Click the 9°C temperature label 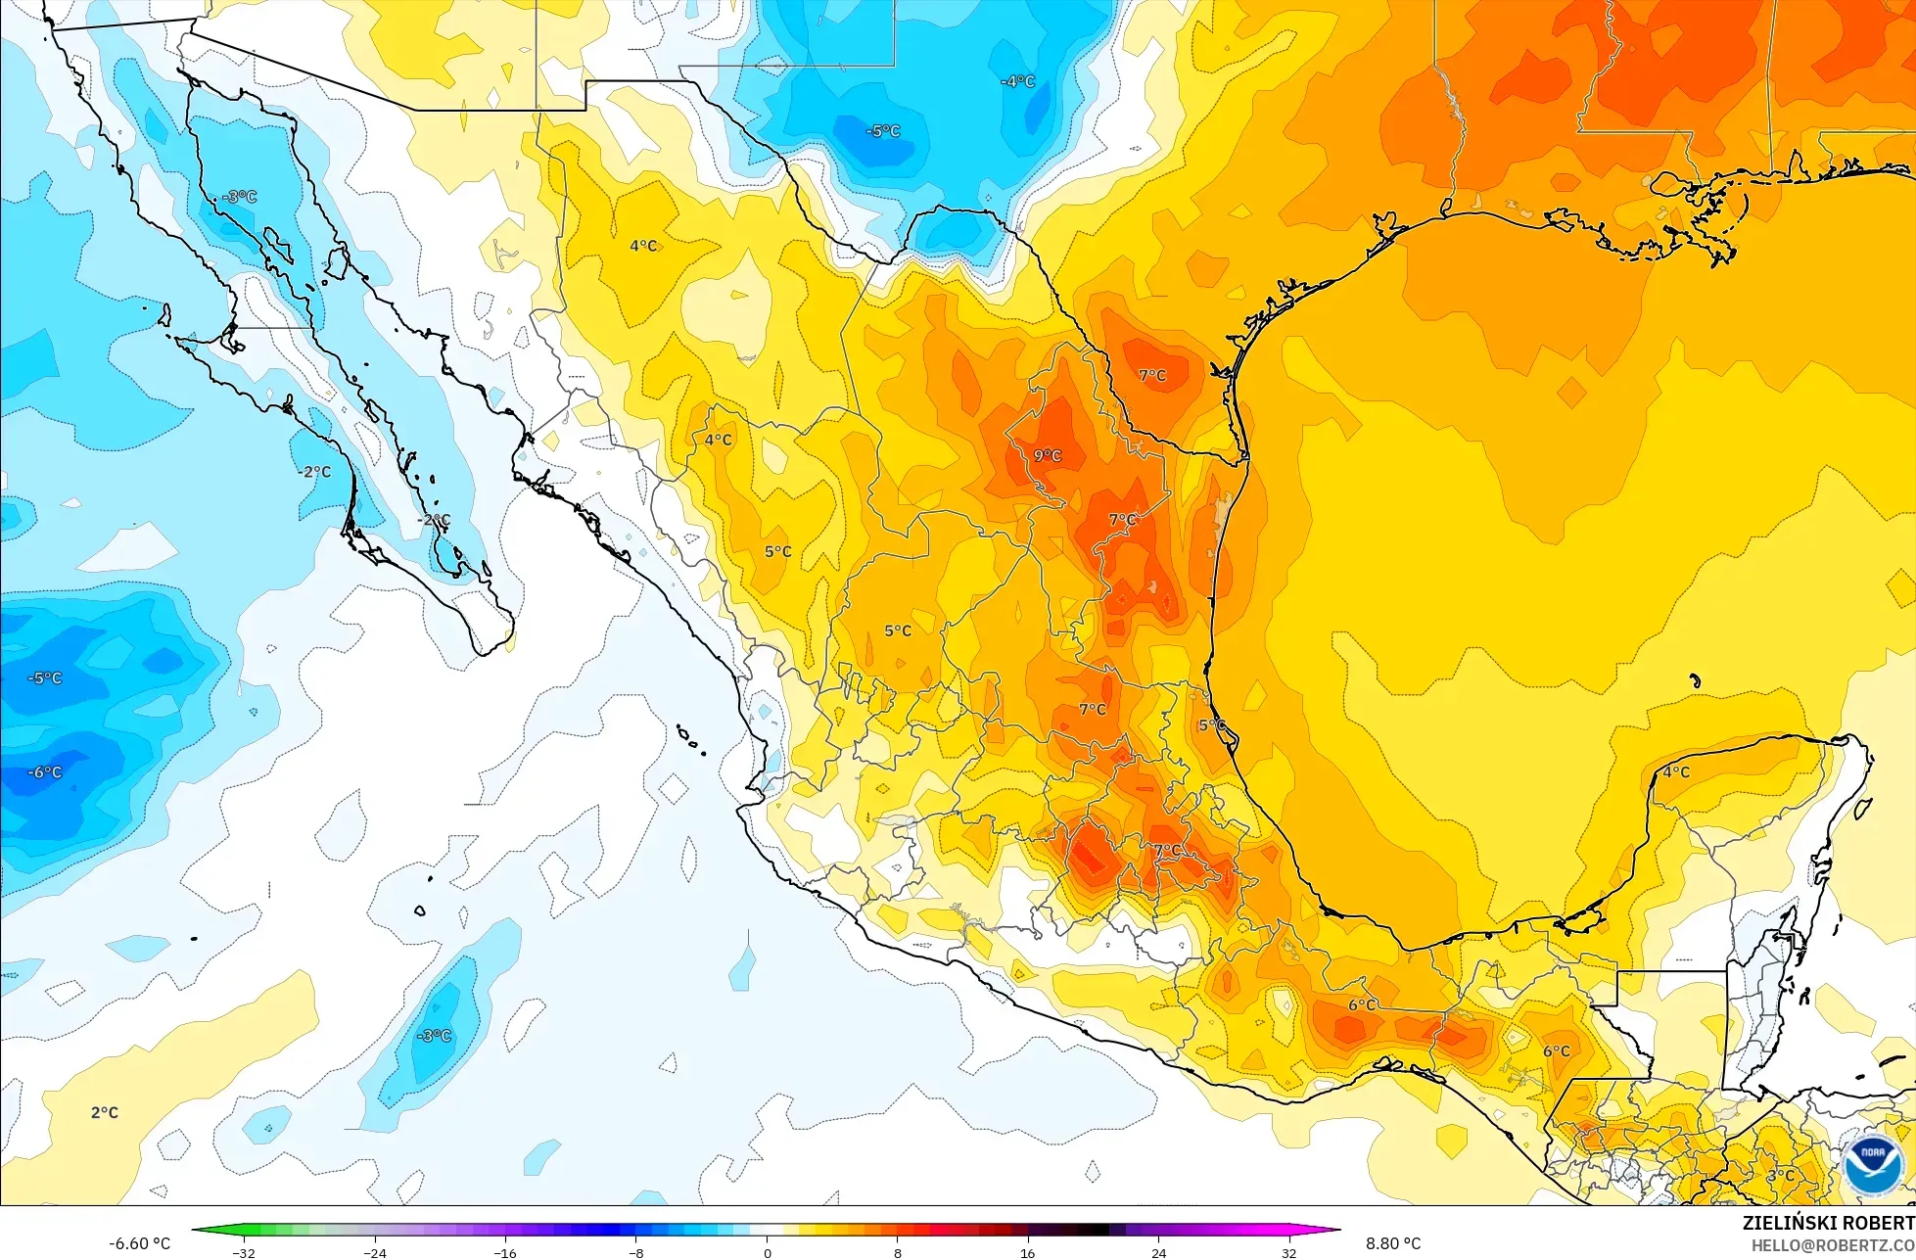coord(1047,455)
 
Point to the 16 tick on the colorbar coord(1027,1252)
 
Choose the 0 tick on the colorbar coord(767,1252)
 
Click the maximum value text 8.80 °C coord(1392,1243)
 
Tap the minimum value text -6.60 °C coord(139,1243)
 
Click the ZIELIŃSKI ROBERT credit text coord(1828,1223)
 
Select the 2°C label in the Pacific coord(105,1112)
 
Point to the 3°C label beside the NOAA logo coord(1781,1175)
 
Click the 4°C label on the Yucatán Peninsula coord(1676,771)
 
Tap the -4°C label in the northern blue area coord(1017,81)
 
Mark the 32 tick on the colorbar coord(1288,1252)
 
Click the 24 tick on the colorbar coord(1158,1252)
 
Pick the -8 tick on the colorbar coord(635,1252)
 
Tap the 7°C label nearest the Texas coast coord(1152,375)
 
